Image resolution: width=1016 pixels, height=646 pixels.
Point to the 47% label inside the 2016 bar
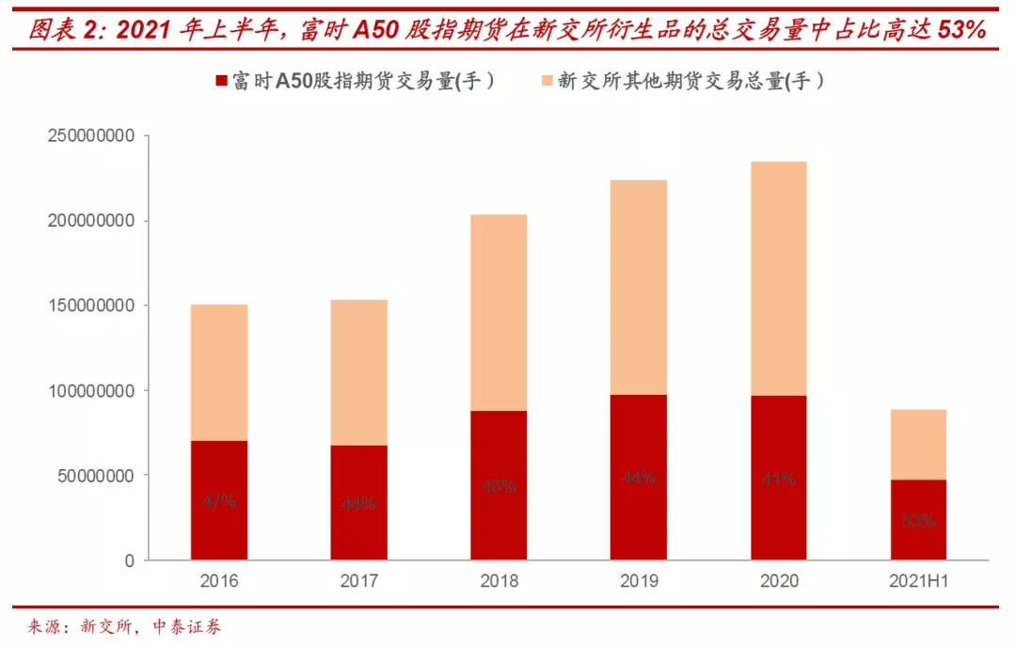pyautogui.click(x=218, y=502)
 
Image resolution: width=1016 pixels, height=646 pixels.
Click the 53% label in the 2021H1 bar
pyautogui.click(x=918, y=520)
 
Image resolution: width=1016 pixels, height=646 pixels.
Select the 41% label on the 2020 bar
pyautogui.click(x=778, y=479)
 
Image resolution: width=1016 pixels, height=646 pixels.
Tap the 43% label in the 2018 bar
pyautogui.click(x=499, y=485)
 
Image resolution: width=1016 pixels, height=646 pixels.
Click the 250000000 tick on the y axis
pyautogui.click(x=89, y=136)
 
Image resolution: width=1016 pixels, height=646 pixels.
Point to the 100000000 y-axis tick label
pyautogui.click(x=89, y=390)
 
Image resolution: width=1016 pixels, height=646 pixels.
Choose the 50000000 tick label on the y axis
pyautogui.click(x=94, y=475)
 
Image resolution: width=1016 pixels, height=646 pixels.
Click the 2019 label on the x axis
pyautogui.click(x=639, y=581)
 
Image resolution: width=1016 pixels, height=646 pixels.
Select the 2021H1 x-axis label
pyautogui.click(x=918, y=581)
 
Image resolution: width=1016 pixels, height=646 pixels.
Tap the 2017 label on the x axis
pyautogui.click(x=358, y=581)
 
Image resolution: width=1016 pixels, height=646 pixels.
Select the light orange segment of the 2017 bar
pyautogui.click(x=358, y=372)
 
